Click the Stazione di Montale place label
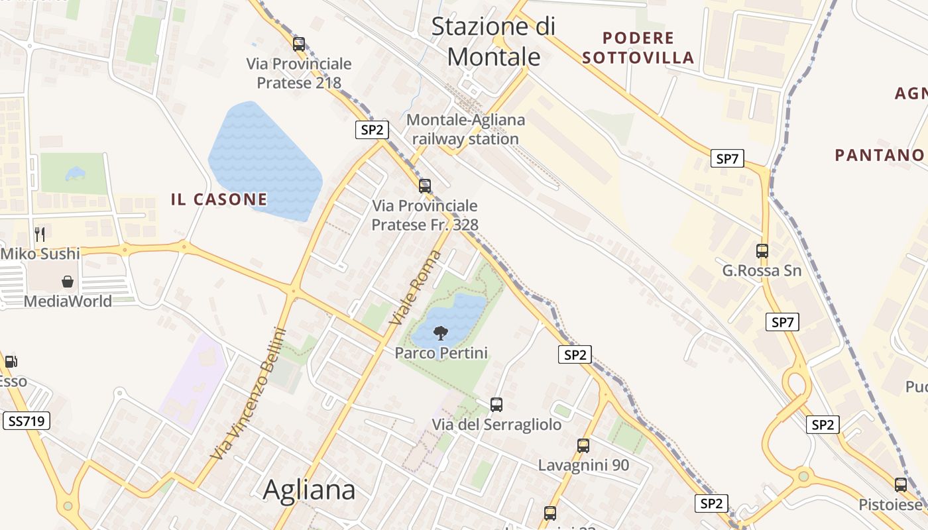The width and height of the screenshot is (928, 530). coord(493,41)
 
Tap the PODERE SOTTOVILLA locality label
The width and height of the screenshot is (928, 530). coord(638,48)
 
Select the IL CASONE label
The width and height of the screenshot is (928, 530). coord(219,199)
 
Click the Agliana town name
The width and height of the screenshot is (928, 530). coord(309,490)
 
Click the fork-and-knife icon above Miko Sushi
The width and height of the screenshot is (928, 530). coord(40,234)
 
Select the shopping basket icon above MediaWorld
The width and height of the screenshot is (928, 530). coord(68,282)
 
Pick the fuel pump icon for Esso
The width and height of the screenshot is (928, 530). coord(11,362)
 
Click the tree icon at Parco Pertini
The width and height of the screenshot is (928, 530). coord(440,333)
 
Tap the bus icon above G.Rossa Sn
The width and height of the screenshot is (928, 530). coord(762,251)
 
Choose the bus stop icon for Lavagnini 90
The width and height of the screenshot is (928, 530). coord(583,446)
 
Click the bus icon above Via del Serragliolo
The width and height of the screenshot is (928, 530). coord(496,404)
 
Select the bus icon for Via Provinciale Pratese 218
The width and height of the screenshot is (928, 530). coord(299,44)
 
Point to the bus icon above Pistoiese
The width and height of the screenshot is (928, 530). coord(900,485)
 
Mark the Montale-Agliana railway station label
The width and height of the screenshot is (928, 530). coord(465,129)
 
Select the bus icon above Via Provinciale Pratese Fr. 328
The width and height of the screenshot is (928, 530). coord(425,186)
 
